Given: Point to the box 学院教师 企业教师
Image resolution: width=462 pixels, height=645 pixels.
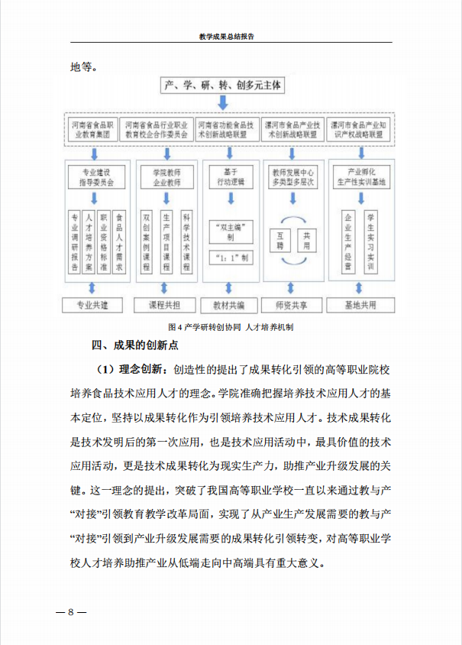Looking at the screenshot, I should tap(161, 177).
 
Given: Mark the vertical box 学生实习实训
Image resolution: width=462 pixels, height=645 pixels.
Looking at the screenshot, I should tap(370, 241).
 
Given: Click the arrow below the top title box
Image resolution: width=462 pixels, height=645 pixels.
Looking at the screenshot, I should tap(223, 103).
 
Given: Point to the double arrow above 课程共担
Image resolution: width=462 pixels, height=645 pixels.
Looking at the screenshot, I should tap(161, 287).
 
